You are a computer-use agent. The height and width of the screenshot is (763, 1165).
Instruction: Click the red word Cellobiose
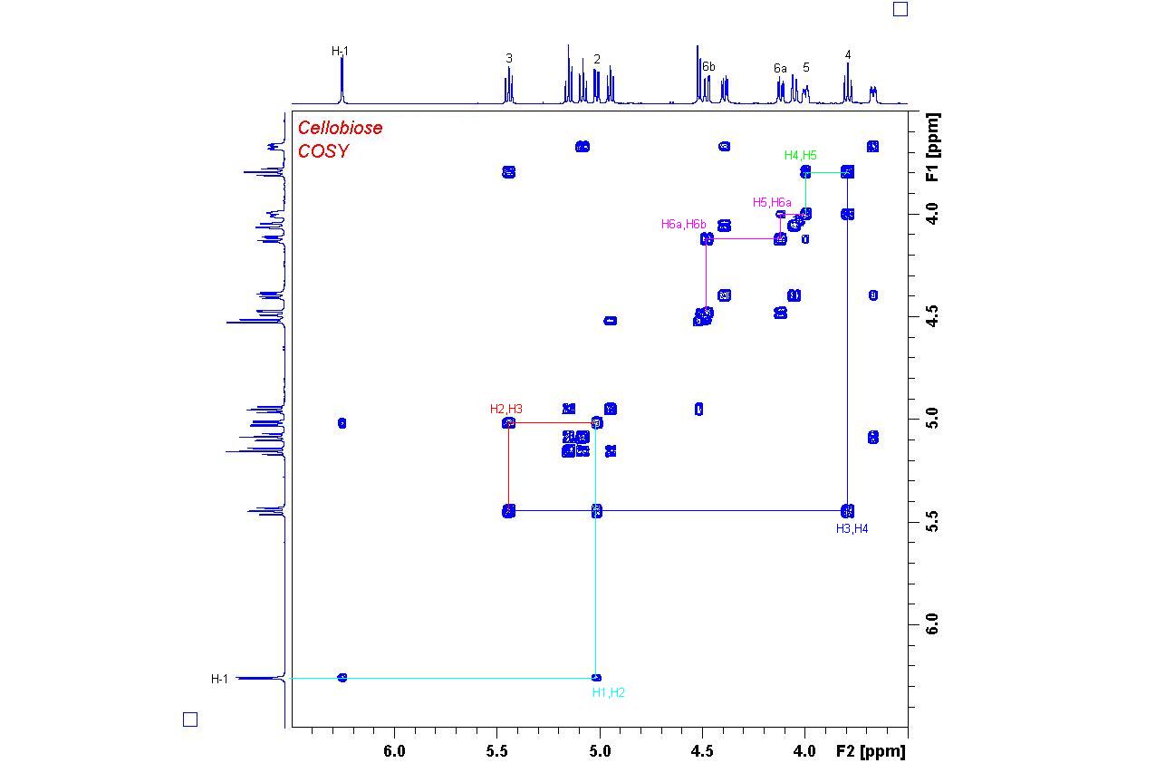coord(340,128)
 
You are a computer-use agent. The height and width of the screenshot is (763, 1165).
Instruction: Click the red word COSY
coord(323,151)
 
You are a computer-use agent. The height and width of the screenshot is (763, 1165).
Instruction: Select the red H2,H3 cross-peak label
coord(506,410)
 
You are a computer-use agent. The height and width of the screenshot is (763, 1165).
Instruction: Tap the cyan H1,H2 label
coord(608,692)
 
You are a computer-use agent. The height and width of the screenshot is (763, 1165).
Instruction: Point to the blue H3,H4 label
coord(852,528)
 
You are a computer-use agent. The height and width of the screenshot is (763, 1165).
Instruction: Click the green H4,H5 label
coord(800,156)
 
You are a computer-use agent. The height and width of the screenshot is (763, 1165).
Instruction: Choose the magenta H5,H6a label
coord(772,202)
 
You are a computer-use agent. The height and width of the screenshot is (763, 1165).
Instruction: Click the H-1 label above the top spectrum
coord(340,52)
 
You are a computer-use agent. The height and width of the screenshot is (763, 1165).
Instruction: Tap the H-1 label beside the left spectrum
coord(220,679)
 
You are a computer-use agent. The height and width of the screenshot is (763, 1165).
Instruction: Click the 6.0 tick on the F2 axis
coord(394,750)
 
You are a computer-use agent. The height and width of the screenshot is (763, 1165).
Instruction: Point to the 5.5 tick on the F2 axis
coord(496,750)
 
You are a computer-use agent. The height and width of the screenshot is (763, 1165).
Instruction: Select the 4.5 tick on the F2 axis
coord(701,750)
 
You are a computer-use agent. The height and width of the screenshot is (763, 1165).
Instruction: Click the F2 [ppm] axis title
coord(870,750)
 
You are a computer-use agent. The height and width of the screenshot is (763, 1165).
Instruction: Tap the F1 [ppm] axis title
coord(933,147)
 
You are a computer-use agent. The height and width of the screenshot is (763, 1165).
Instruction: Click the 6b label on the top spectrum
coord(708,67)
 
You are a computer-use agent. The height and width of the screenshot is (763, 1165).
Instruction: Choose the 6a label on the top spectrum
coord(780,68)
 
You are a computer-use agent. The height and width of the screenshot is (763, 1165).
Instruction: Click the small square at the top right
coord(900,9)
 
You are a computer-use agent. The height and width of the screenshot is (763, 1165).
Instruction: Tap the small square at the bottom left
coord(190,720)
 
